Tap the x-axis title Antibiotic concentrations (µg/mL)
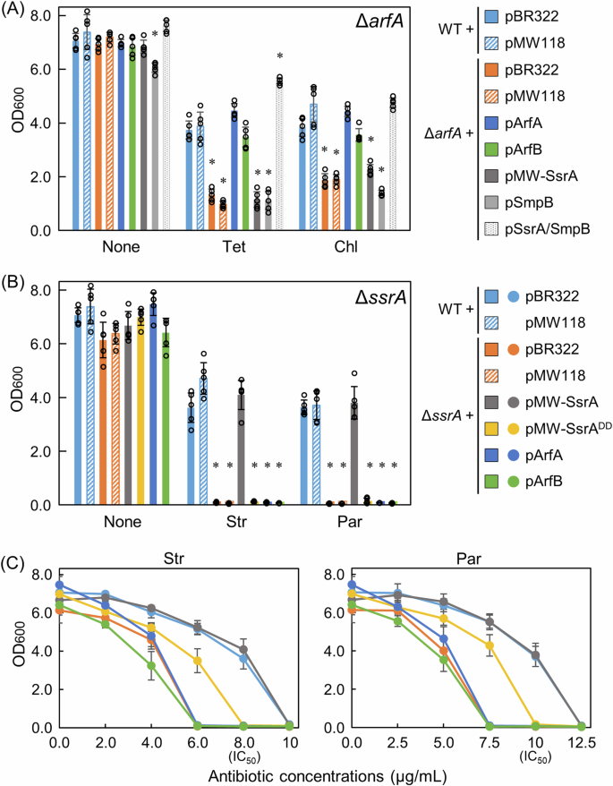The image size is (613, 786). pyautogui.click(x=307, y=775)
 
